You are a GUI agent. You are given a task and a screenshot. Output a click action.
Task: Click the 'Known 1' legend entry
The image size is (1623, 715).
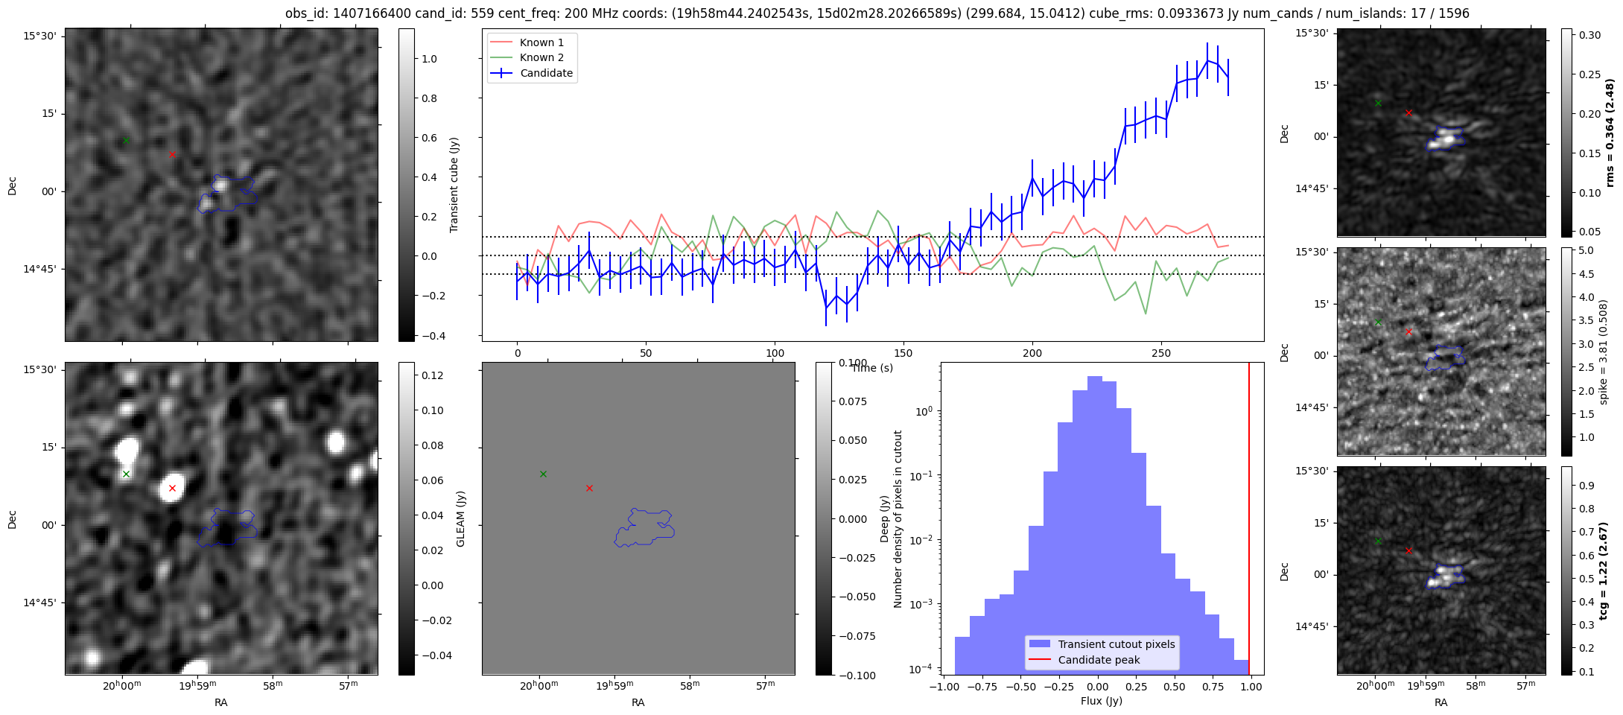click(541, 42)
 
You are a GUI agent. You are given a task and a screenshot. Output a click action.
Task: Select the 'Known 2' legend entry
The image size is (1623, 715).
click(541, 57)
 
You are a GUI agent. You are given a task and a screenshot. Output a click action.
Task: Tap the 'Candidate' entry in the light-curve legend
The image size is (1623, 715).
click(546, 73)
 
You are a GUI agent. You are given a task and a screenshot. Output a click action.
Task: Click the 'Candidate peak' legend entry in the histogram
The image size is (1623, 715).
click(1099, 660)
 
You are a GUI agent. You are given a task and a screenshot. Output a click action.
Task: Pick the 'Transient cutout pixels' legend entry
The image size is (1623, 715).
click(1116, 644)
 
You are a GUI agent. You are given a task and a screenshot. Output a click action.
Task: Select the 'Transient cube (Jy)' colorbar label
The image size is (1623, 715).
click(454, 185)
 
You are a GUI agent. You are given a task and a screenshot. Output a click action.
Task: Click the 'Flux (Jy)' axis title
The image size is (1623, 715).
click(1101, 701)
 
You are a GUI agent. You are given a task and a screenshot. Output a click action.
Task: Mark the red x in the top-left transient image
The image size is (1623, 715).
click(172, 154)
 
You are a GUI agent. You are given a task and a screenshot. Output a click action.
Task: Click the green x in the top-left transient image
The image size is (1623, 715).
click(126, 140)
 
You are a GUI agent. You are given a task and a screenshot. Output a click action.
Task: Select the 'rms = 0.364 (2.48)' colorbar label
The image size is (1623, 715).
click(1610, 133)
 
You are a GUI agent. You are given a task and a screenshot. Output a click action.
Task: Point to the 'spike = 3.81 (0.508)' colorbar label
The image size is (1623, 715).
click(1604, 352)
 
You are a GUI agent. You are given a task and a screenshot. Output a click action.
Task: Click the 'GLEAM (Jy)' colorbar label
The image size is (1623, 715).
click(460, 519)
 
